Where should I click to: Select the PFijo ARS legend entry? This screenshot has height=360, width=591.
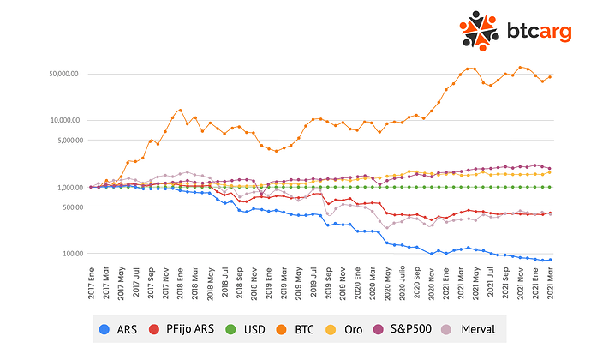185,329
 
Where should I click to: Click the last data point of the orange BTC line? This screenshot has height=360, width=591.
549,77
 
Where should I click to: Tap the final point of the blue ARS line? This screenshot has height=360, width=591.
549,260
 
